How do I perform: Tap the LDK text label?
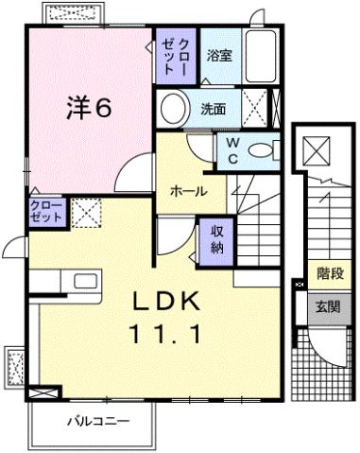click(165, 302)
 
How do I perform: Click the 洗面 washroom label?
click(213, 108)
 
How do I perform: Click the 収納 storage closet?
click(215, 239)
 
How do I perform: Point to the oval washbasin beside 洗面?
click(175, 109)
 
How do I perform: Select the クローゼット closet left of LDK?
click(46, 210)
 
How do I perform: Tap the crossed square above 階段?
click(314, 148)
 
